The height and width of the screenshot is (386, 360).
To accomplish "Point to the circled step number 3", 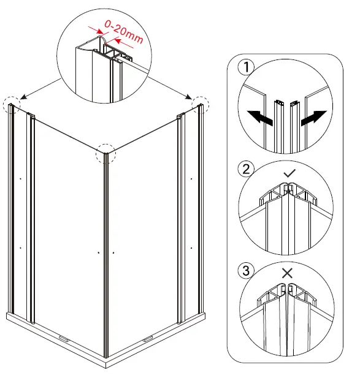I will [245, 270].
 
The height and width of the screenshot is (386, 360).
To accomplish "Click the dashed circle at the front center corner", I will [105, 154].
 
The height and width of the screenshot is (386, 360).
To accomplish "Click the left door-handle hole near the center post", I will [98, 252].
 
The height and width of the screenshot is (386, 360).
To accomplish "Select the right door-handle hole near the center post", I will [114, 252].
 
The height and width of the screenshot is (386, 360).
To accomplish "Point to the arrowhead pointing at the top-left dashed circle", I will [22, 96].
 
